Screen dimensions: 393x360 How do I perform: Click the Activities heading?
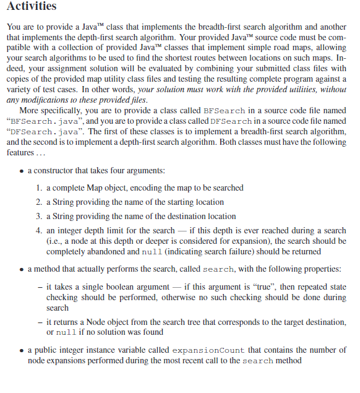(32, 7)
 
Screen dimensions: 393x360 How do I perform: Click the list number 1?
(40, 188)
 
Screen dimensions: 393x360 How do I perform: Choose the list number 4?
(40, 231)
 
